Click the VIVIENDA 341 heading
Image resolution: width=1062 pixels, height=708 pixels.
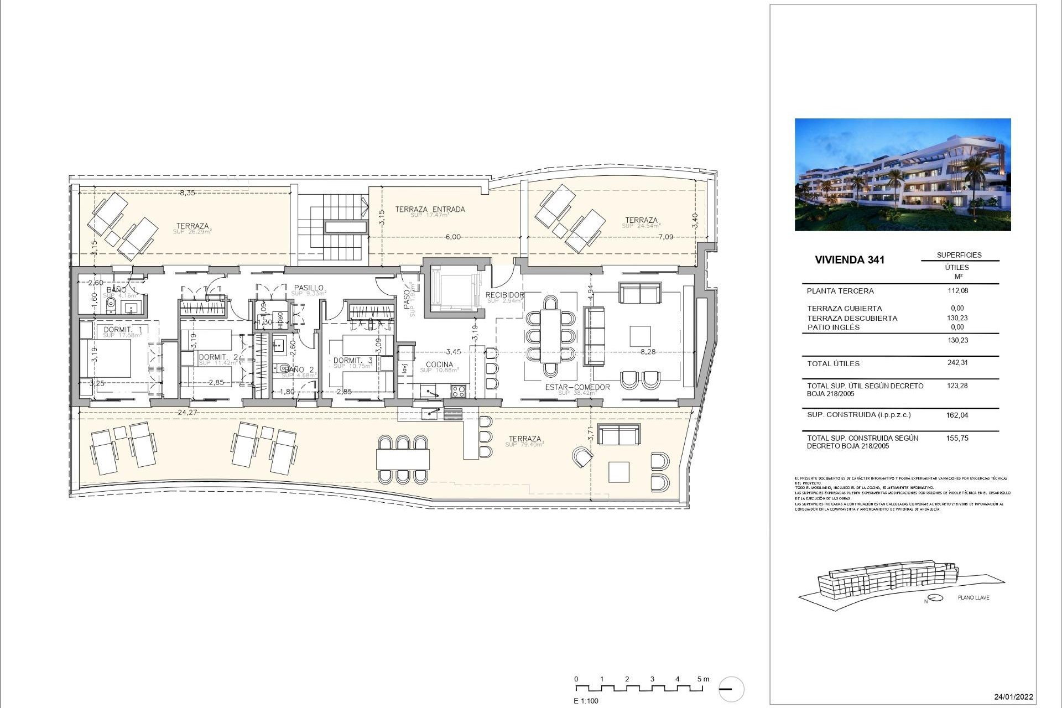[x=850, y=260]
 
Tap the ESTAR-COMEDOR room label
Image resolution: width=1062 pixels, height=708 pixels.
[x=577, y=387]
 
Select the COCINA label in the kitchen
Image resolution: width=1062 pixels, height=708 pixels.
[x=439, y=365]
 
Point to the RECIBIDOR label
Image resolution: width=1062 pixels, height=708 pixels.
[x=504, y=295]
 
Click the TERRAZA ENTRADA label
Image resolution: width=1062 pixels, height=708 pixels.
[x=430, y=210]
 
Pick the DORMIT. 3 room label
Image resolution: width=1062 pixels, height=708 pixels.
[x=353, y=361]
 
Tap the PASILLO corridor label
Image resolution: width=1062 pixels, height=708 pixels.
[x=309, y=288]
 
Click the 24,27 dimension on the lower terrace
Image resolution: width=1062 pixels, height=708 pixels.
[x=189, y=412]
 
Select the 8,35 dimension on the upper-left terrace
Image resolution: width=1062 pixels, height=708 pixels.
[x=187, y=193]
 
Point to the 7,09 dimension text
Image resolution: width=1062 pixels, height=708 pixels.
[x=665, y=237]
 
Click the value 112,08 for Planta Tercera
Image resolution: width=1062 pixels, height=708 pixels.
[x=957, y=291]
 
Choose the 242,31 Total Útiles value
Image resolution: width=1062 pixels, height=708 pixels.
[x=957, y=363]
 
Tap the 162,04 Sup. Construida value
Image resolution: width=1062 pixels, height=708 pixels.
[x=957, y=415]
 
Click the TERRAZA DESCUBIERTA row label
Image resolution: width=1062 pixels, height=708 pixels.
[x=852, y=318]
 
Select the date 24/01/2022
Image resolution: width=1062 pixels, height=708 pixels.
[x=1013, y=697]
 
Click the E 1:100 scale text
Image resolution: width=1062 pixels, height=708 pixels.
[x=586, y=701]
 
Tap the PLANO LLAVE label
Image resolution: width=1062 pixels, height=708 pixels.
[x=973, y=597]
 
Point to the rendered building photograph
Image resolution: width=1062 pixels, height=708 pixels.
[x=903, y=174]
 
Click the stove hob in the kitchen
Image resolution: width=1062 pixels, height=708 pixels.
[x=459, y=391]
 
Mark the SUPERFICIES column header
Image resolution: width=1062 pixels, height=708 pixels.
[x=959, y=255]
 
